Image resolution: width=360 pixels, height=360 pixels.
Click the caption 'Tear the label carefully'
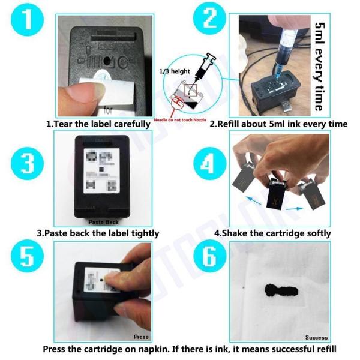coord(98,124)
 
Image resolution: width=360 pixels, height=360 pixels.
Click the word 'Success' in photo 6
coord(316,337)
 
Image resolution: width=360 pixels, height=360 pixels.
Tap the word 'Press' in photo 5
coord(141,337)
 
